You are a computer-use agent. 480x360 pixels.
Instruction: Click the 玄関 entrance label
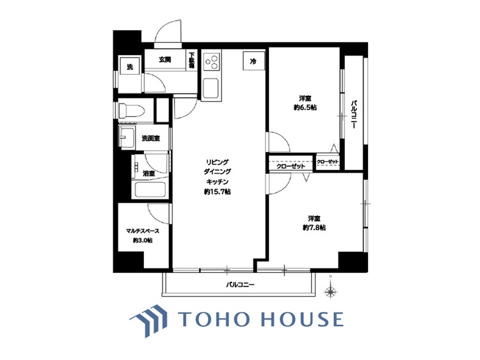tap(164, 60)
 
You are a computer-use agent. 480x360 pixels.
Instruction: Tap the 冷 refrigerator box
tap(253, 61)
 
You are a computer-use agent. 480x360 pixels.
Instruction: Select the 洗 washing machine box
tap(130, 67)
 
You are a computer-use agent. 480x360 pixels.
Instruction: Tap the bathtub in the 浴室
tap(150, 191)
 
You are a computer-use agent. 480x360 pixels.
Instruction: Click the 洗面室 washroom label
tap(150, 139)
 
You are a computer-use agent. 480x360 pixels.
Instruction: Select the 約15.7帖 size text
tap(218, 192)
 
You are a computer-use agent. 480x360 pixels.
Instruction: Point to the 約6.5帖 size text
tap(305, 107)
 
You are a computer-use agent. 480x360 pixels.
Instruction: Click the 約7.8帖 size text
tap(314, 228)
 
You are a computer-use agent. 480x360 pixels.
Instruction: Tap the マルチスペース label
tap(143, 231)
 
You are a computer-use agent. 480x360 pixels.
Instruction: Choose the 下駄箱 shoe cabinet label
tap(191, 60)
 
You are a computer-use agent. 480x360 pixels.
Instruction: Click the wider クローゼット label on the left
tap(291, 166)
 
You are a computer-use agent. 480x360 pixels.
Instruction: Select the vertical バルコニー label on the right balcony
tap(353, 114)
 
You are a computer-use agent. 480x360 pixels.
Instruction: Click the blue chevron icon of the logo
tap(148, 320)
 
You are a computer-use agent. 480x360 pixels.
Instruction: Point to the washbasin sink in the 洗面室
tap(127, 137)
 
